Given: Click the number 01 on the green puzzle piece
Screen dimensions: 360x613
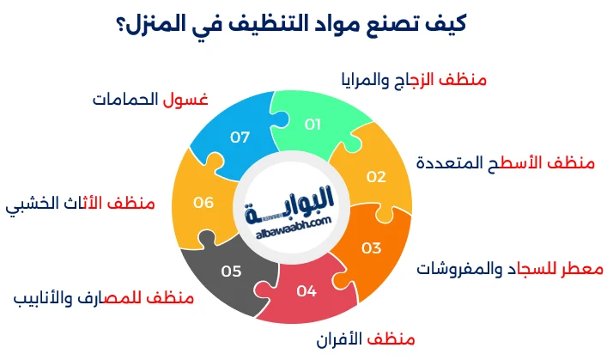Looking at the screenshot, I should (313, 124).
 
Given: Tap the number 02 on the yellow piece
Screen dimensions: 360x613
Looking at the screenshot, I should (376, 177).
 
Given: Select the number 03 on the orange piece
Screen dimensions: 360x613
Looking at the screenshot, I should (371, 248).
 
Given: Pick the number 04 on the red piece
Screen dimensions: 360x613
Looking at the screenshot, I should (306, 290).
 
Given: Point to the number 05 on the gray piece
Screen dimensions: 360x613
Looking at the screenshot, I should (231, 271).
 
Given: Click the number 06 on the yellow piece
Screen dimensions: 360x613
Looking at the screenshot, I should (203, 203).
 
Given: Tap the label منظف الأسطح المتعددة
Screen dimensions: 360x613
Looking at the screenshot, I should (495, 162).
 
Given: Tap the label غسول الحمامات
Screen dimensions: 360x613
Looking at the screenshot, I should (150, 99).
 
